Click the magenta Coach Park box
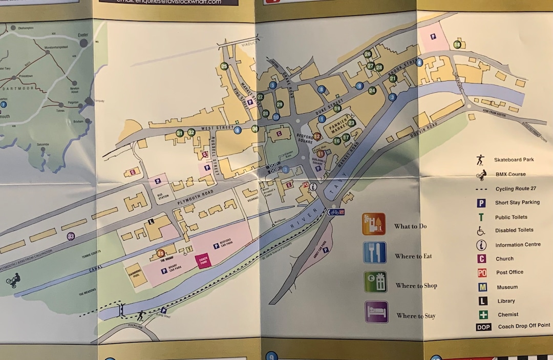203,261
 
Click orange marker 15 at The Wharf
161,252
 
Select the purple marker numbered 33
71,236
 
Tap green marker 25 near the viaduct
224,66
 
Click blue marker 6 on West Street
238,130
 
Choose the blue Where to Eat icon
374,252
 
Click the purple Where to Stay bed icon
376,312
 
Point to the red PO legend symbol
482,273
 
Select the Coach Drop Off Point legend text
523,326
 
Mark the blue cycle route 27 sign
336,211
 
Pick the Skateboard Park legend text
514,160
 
